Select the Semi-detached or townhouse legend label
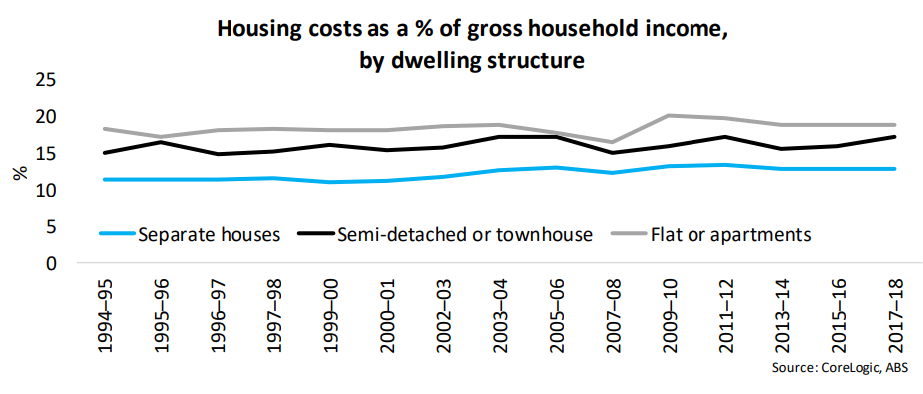(x=464, y=235)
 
